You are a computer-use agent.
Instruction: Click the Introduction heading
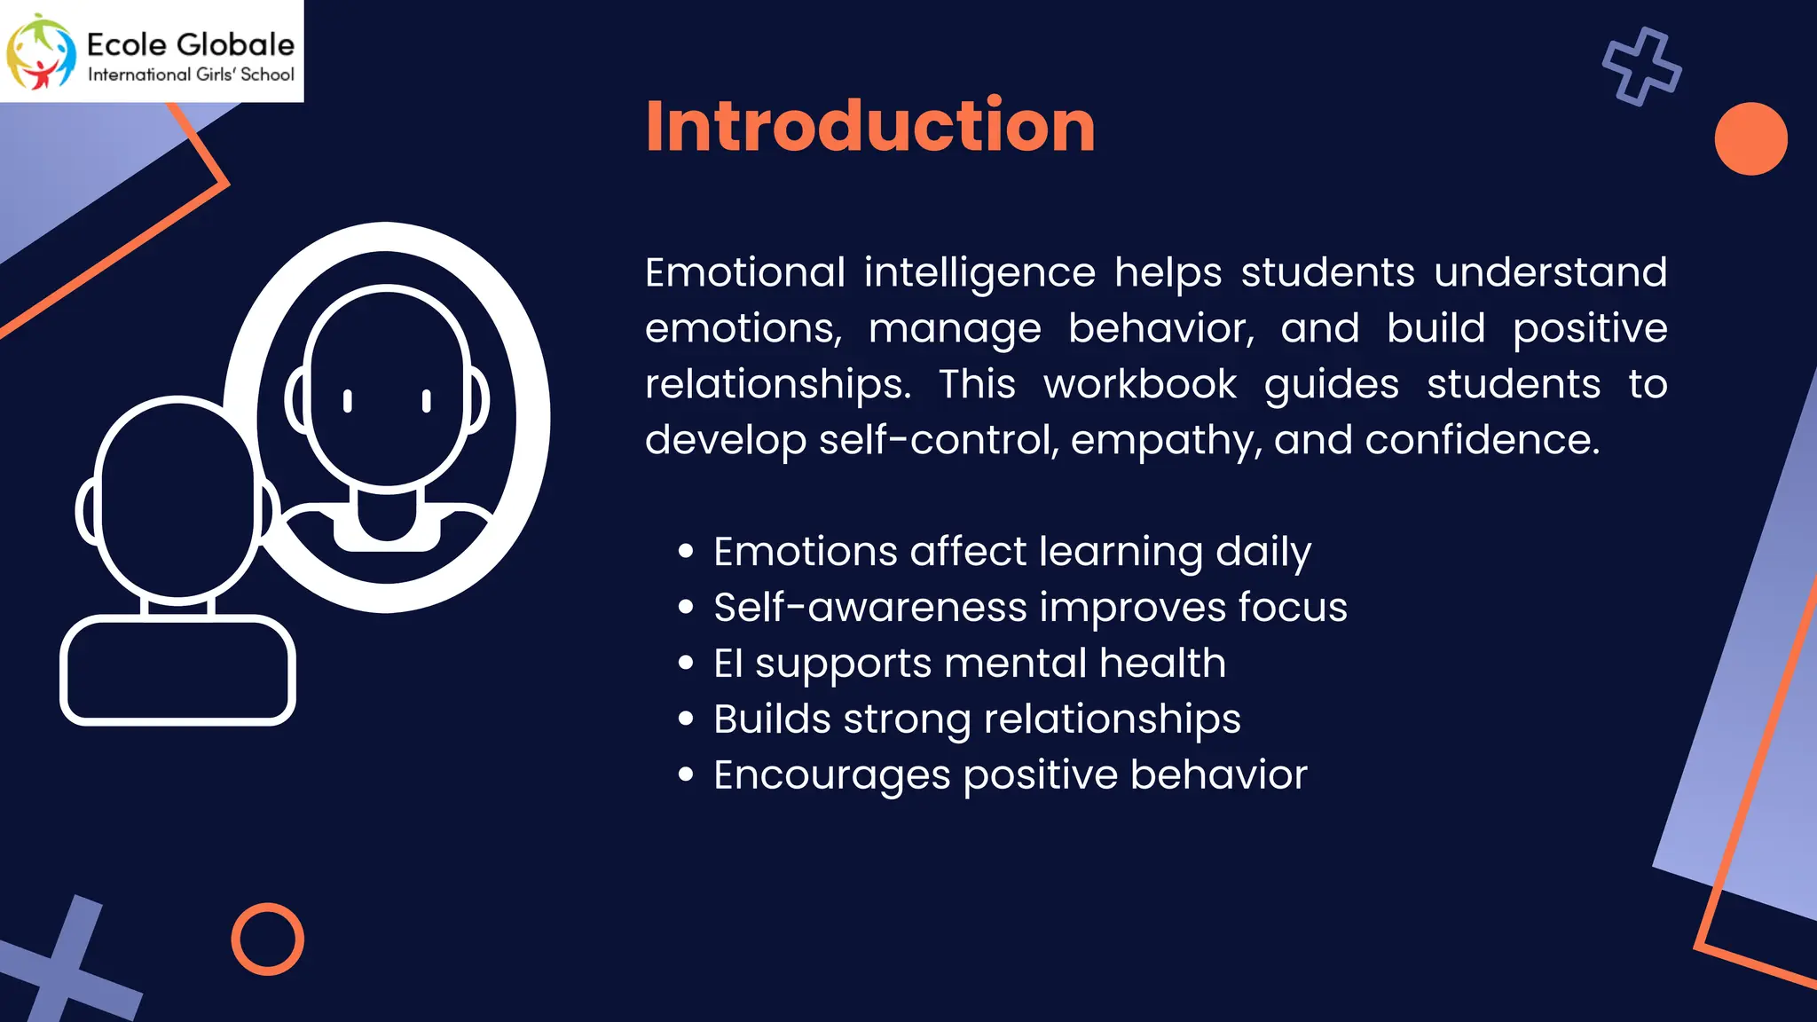(x=870, y=126)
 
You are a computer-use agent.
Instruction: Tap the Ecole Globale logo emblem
(x=41, y=51)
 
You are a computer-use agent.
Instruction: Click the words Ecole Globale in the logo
(x=191, y=44)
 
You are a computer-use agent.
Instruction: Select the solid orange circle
(x=1750, y=138)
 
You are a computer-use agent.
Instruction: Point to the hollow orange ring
(x=267, y=939)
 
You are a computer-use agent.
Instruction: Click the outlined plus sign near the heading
(x=1641, y=67)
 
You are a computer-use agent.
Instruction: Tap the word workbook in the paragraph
(x=1139, y=384)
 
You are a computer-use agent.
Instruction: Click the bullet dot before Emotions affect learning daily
(x=685, y=552)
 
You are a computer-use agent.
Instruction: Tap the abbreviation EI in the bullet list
(x=728, y=664)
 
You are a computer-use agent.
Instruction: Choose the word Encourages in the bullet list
(x=832, y=775)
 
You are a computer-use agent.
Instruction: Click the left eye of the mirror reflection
(x=348, y=401)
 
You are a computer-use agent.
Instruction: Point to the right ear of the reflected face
(x=477, y=400)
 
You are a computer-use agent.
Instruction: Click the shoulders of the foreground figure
(x=177, y=670)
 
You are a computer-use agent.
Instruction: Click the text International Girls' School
(x=191, y=75)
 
